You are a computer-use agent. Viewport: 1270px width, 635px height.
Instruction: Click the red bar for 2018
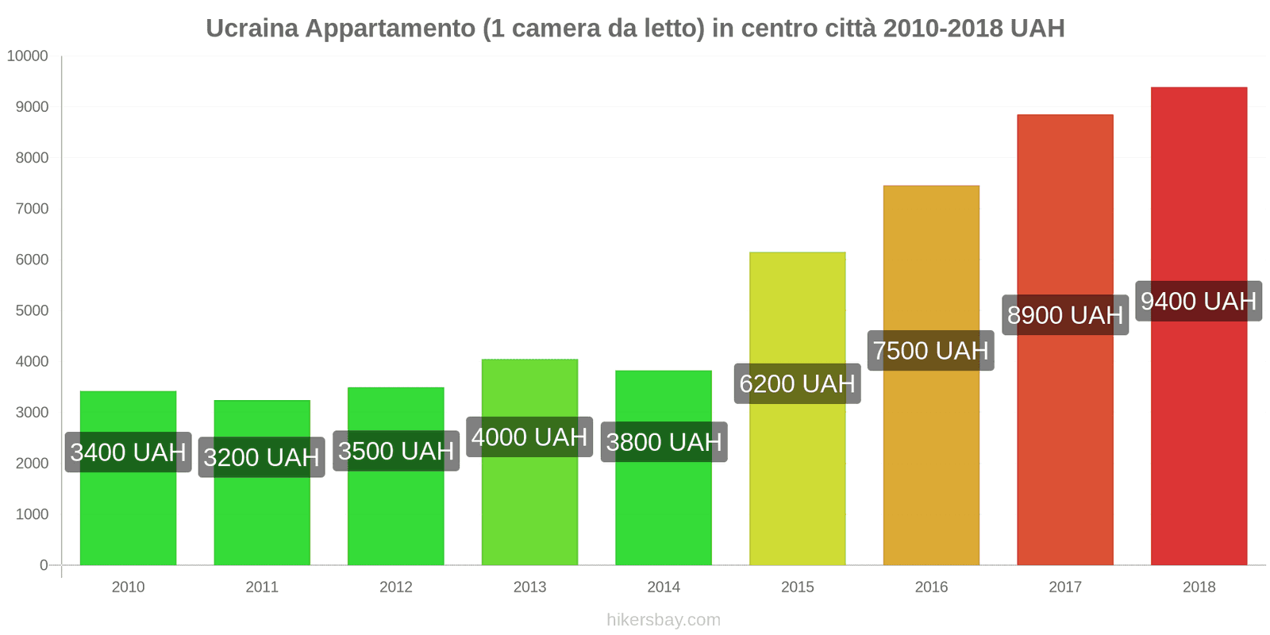click(1199, 444)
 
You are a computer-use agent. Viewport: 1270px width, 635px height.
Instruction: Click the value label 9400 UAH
click(1199, 302)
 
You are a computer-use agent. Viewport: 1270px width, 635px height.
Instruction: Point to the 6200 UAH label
click(797, 384)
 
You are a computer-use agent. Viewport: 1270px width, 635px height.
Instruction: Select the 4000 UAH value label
click(529, 437)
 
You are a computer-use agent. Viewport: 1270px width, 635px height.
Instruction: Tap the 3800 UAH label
click(664, 442)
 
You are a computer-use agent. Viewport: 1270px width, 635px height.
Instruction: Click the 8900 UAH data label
click(1065, 315)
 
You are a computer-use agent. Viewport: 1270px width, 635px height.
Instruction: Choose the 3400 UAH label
click(128, 452)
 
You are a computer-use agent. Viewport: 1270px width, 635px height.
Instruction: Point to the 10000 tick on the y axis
click(28, 56)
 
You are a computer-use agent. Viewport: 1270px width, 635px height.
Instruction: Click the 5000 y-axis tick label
click(32, 310)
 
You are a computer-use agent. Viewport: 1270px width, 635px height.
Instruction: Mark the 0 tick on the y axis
click(44, 565)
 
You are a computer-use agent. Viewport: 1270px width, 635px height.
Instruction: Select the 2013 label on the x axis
click(529, 587)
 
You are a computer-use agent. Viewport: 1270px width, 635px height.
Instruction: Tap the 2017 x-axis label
click(1065, 587)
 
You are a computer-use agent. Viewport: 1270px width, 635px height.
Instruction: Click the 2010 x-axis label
click(128, 587)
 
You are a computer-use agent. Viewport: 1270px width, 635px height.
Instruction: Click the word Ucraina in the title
click(252, 29)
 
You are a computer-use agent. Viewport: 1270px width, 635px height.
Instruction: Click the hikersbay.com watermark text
click(664, 620)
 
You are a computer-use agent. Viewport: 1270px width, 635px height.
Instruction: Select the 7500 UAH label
click(931, 351)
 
